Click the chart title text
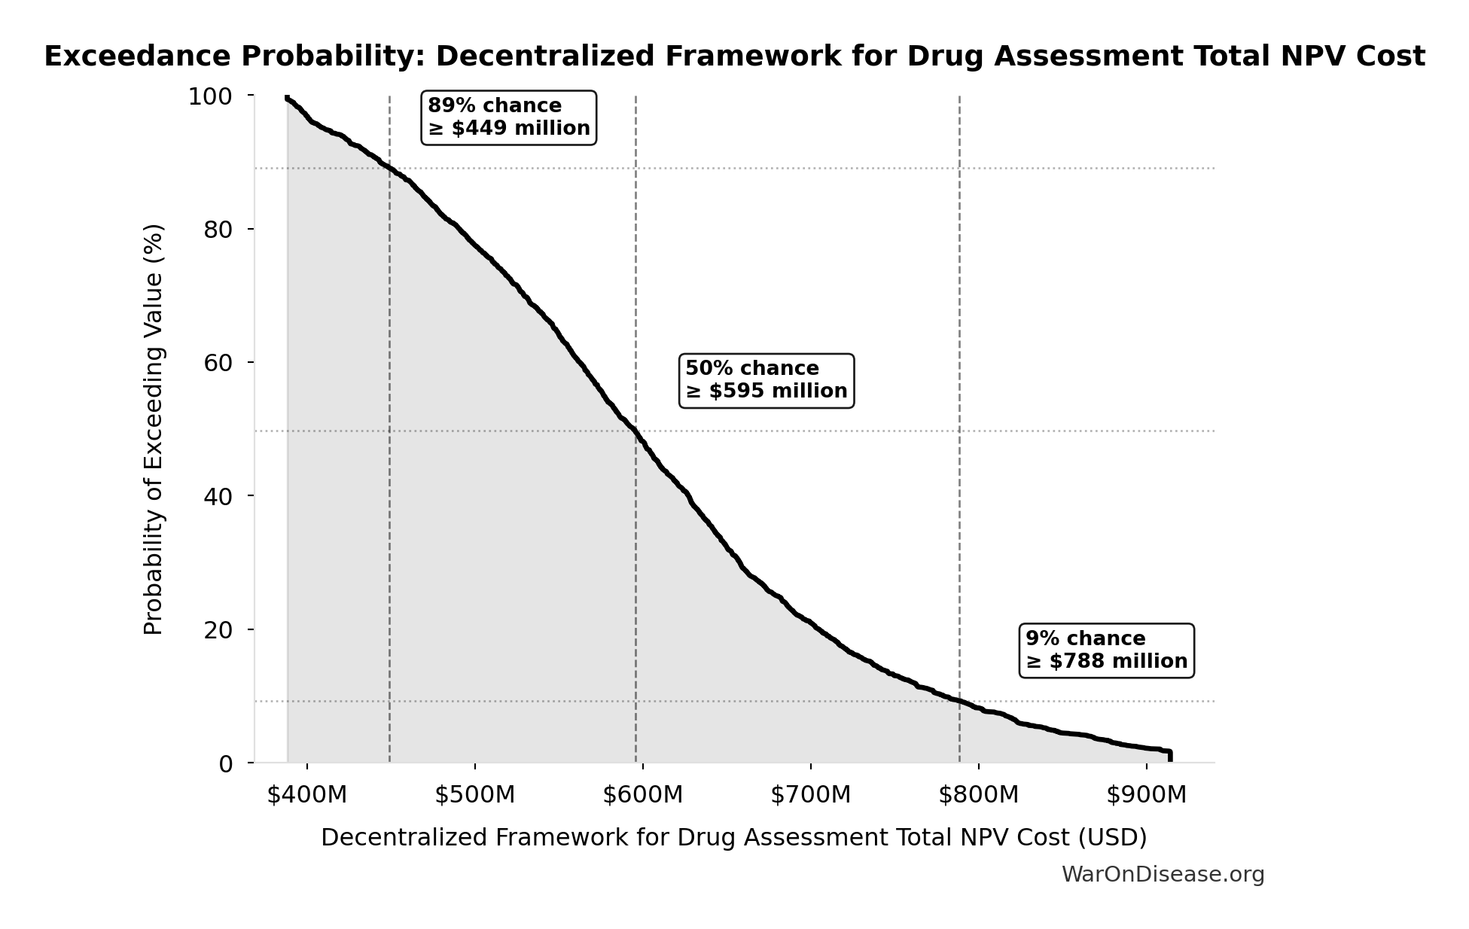click(734, 56)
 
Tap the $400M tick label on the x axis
click(307, 795)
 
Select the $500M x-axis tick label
click(475, 795)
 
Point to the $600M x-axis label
click(643, 795)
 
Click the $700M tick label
click(811, 795)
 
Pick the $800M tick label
click(979, 795)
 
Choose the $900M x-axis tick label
click(1146, 795)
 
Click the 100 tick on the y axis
click(210, 96)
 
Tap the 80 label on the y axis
click(218, 230)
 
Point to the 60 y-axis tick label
click(218, 363)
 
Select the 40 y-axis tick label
click(218, 496)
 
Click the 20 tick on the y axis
click(218, 629)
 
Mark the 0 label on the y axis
click(226, 763)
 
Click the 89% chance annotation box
click(509, 117)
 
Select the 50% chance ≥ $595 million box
click(766, 380)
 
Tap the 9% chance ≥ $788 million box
click(1106, 650)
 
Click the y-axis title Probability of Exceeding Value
click(153, 429)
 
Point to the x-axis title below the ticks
click(733, 837)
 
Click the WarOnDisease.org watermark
click(1163, 875)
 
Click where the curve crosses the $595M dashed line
click(636, 432)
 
